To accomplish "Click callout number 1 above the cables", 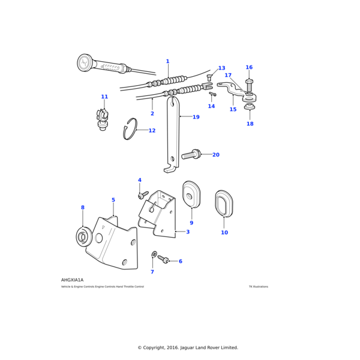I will (x=167, y=61).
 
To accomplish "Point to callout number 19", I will (x=196, y=117).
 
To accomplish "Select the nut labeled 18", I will (x=249, y=109).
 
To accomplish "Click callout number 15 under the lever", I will (x=233, y=110).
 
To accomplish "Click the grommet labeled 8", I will (x=83, y=236).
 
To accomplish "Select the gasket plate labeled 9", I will (x=191, y=193).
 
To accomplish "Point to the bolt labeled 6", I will (x=164, y=260).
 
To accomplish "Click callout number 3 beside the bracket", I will (x=188, y=232).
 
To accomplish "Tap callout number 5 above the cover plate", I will (x=113, y=200).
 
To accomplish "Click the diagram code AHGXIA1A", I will (x=72, y=280).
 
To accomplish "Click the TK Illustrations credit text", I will (x=258, y=287).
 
